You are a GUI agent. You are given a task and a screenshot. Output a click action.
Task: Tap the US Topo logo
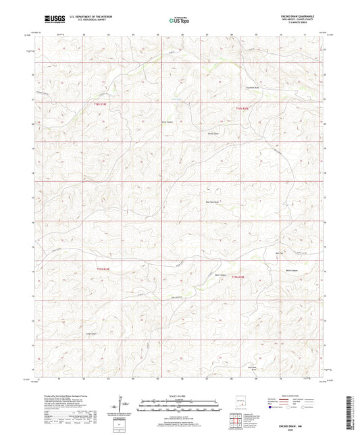coord(180,20)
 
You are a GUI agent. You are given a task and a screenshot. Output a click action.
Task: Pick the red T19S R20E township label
coord(238,277)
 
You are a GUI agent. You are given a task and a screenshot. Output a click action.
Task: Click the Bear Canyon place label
coord(221,275)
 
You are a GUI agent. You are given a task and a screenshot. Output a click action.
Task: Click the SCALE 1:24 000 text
coord(180,395)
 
